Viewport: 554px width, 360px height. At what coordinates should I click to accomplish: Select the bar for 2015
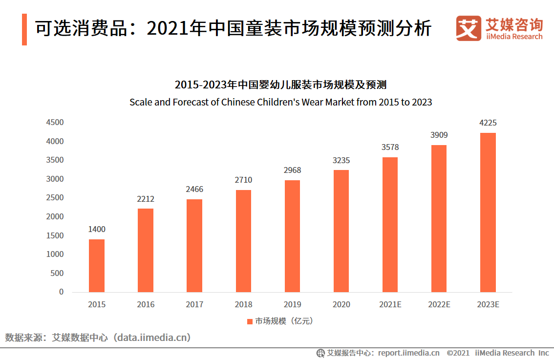click(x=97, y=265)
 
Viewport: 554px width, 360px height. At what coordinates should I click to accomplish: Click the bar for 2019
click(x=292, y=236)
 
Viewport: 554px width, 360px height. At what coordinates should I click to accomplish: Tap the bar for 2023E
click(x=488, y=212)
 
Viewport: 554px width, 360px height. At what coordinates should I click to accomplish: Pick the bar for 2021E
click(x=390, y=225)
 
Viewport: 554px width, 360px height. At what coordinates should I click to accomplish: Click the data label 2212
click(x=146, y=199)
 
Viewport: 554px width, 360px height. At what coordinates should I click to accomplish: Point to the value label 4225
click(x=488, y=123)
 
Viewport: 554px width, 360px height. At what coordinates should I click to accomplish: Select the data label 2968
click(x=292, y=170)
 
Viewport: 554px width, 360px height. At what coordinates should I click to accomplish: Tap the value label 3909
click(x=439, y=135)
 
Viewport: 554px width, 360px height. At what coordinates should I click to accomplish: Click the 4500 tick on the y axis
click(x=55, y=123)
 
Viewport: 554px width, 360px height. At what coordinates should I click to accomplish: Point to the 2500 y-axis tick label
click(x=55, y=198)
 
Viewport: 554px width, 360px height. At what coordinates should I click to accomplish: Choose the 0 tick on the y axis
click(x=61, y=292)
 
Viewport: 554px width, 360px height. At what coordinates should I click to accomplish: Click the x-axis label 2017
click(x=194, y=304)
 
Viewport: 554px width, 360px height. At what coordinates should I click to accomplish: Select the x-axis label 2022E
click(x=439, y=304)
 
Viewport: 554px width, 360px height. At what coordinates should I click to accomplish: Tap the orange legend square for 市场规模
click(x=250, y=321)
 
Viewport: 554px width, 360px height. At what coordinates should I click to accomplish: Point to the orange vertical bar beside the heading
click(x=24, y=29)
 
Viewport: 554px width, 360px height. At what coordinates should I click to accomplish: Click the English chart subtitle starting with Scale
click(x=280, y=103)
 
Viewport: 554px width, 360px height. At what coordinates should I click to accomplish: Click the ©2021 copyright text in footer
click(x=458, y=353)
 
